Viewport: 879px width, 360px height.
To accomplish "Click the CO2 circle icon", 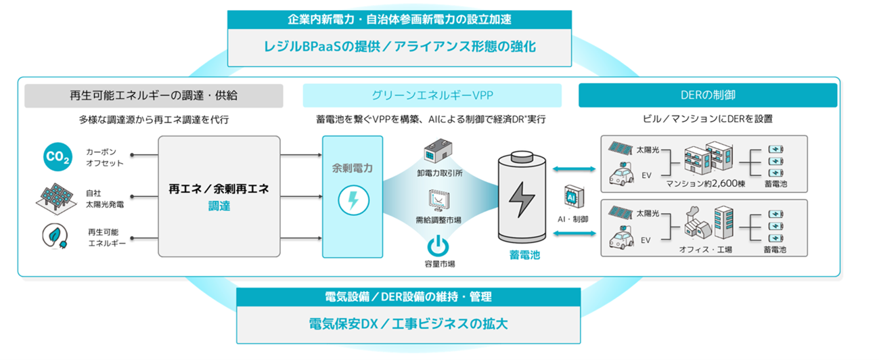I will pos(57,157).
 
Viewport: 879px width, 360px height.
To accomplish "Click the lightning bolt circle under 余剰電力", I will pos(352,200).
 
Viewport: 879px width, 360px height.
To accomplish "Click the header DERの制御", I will pos(707,95).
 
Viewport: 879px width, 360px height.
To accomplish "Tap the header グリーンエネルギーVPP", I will pos(432,95).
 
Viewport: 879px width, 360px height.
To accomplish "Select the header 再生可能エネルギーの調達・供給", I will pos(154,95).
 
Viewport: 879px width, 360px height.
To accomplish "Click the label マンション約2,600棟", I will pos(705,184).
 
